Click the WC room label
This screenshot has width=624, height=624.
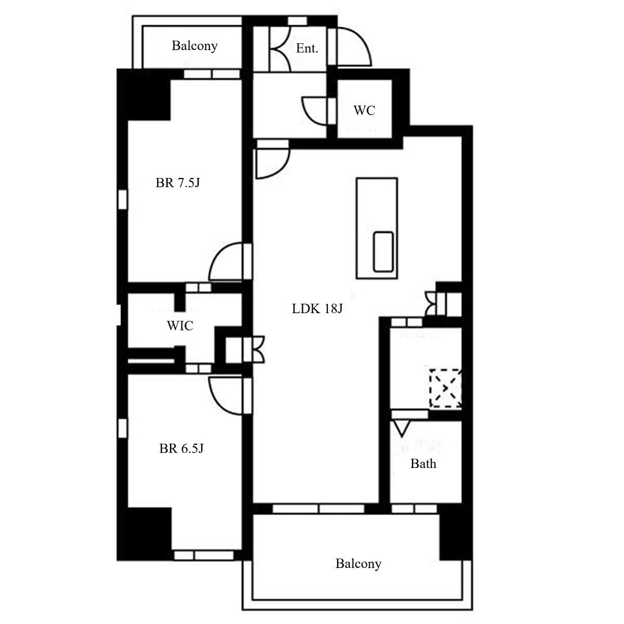(364, 110)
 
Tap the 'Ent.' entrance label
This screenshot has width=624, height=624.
(307, 49)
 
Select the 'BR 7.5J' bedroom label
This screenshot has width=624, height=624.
(177, 183)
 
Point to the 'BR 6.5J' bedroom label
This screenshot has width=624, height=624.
(181, 448)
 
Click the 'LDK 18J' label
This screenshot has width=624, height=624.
(317, 308)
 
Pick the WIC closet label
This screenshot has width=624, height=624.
(180, 325)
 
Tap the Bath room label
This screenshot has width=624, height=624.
(423, 464)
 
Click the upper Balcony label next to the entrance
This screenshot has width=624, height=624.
(194, 46)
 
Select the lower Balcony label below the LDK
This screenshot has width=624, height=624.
(358, 564)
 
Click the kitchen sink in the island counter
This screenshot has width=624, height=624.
(383, 252)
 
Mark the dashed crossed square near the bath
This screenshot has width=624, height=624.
(445, 388)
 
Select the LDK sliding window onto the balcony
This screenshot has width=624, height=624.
(318, 509)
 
